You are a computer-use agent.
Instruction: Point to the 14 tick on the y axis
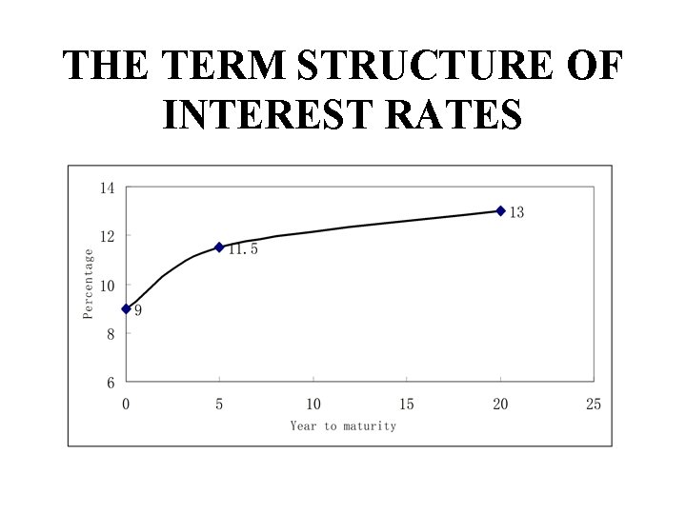click(107, 188)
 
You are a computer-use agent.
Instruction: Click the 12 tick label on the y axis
click(107, 236)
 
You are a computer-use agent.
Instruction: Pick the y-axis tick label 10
click(107, 286)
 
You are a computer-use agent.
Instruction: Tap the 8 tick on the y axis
click(111, 334)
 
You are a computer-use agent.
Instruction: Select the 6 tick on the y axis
click(111, 383)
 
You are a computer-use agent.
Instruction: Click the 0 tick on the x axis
click(126, 405)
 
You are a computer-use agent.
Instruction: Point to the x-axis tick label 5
click(219, 405)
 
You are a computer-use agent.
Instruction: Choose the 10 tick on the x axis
click(313, 405)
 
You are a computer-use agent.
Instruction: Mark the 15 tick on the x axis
click(407, 405)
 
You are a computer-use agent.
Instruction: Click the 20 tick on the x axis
click(500, 405)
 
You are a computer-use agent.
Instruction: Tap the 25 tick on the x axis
click(594, 405)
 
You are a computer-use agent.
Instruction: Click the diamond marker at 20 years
click(500, 211)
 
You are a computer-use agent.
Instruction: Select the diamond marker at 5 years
click(219, 247)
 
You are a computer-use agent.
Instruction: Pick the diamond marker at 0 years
click(126, 308)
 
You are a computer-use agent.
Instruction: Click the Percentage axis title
click(89, 284)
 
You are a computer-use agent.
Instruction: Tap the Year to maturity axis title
click(343, 425)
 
